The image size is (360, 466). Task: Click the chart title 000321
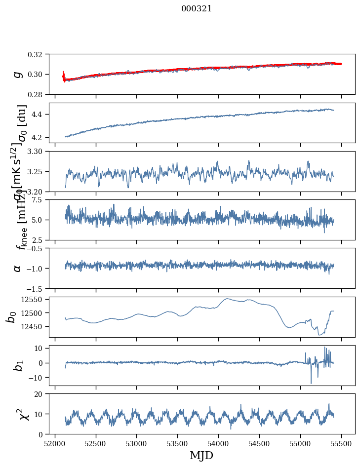(197, 9)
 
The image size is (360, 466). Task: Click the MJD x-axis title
(201, 455)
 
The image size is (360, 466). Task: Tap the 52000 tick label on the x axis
(55, 443)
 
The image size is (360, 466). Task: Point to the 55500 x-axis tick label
(342, 443)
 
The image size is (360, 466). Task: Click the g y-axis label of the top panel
(18, 74)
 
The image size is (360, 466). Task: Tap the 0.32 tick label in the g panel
(38, 54)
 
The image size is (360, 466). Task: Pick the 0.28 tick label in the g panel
(38, 94)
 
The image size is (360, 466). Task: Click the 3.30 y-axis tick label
(38, 151)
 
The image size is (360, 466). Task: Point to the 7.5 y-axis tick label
(40, 199)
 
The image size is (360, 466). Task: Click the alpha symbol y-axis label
(18, 268)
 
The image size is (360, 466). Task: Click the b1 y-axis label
(18, 365)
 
